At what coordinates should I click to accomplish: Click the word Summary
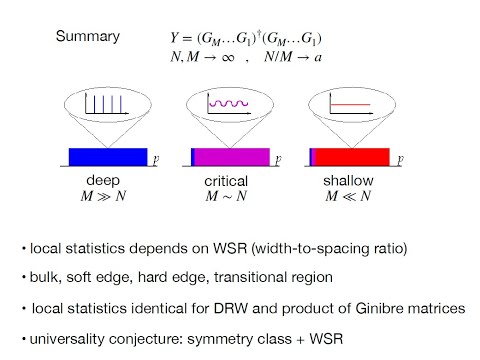[87, 38]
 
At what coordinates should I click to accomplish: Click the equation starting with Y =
[245, 39]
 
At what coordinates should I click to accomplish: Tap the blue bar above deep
[107, 157]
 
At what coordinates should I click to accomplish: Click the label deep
[103, 181]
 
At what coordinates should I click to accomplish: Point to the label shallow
[347, 181]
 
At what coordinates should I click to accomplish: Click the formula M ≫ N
[104, 197]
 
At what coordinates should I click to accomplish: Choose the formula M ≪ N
[347, 197]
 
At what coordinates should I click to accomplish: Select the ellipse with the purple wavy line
[230, 104]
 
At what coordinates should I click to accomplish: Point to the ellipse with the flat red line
[347, 104]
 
